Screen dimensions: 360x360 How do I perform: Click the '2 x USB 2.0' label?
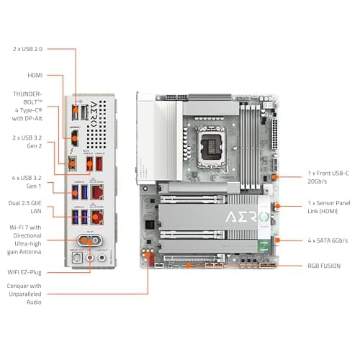(x=28, y=49)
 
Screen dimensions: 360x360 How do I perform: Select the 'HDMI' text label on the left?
(x=35, y=74)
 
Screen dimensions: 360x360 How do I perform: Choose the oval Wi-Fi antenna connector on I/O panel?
(x=84, y=241)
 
